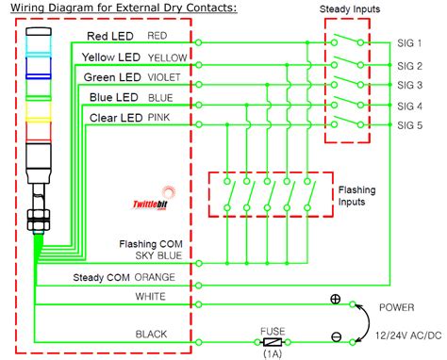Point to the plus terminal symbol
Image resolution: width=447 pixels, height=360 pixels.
pos(335,301)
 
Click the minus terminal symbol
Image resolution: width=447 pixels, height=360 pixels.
pos(335,336)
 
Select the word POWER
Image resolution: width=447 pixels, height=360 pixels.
pos(396,307)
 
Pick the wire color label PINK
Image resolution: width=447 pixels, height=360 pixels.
pos(159,118)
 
